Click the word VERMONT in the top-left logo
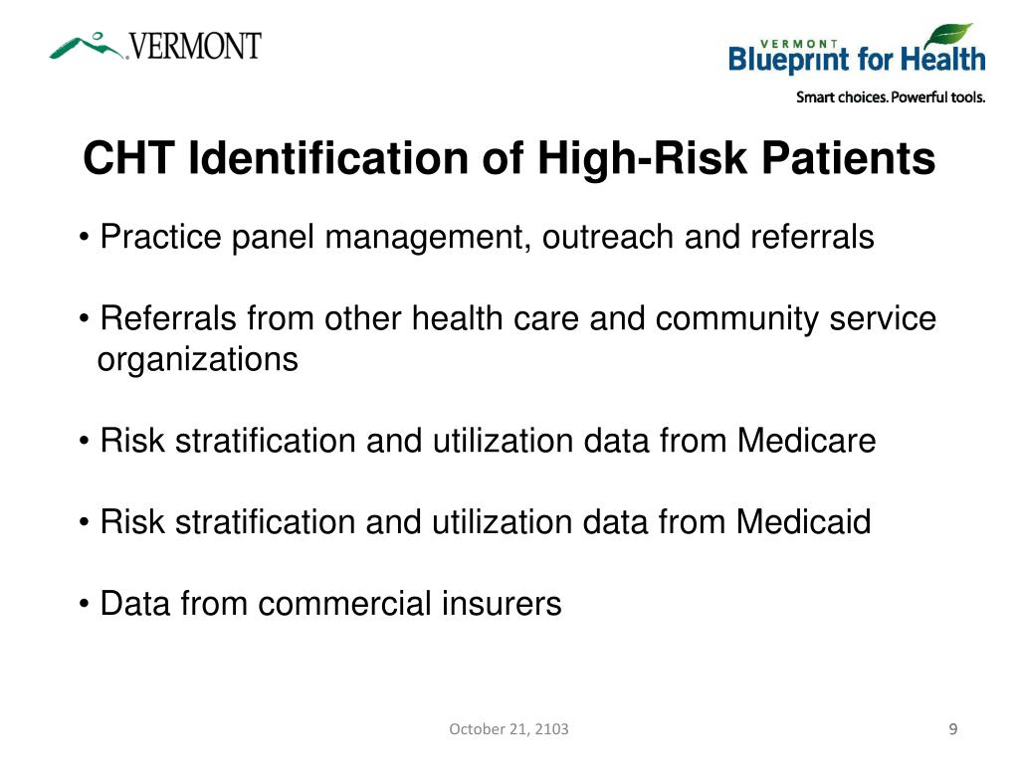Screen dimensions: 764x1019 tap(195, 46)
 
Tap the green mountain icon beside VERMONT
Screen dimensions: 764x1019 tap(88, 45)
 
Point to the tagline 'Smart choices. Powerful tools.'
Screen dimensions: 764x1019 tap(890, 97)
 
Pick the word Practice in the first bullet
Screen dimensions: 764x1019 tap(162, 238)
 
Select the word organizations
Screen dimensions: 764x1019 tap(197, 359)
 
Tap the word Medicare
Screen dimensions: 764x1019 tap(806, 441)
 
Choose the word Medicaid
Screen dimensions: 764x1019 tap(804, 521)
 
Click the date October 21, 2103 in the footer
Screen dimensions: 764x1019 tap(509, 729)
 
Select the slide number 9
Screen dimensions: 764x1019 tap(953, 729)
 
